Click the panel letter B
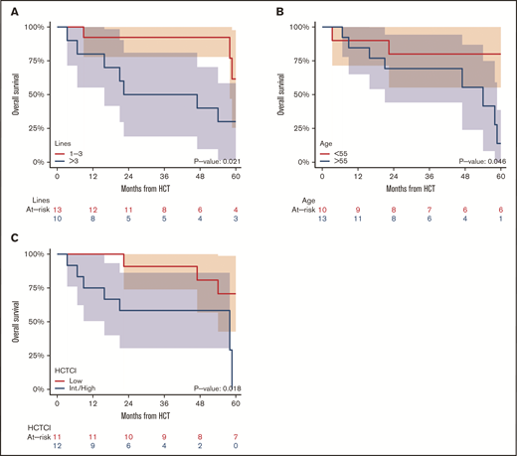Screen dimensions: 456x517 point(280,10)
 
